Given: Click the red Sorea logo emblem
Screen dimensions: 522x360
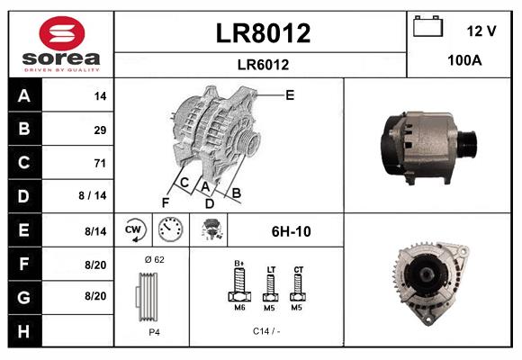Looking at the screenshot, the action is pyautogui.click(x=62, y=33).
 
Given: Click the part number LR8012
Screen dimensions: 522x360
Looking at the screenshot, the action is pyautogui.click(x=263, y=33).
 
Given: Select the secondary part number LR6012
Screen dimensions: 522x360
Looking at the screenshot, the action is pyautogui.click(x=263, y=65).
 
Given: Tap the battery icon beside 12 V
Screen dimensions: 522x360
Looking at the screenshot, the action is pyautogui.click(x=427, y=26).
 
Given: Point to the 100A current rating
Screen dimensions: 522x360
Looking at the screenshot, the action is pyautogui.click(x=464, y=60).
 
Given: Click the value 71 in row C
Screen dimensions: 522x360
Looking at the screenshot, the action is pyautogui.click(x=100, y=163).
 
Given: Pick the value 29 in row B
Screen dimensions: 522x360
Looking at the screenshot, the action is pyautogui.click(x=100, y=130).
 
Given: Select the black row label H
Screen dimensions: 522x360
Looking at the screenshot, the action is pyautogui.click(x=24, y=331).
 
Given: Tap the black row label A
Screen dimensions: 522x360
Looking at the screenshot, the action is pyautogui.click(x=24, y=96).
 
